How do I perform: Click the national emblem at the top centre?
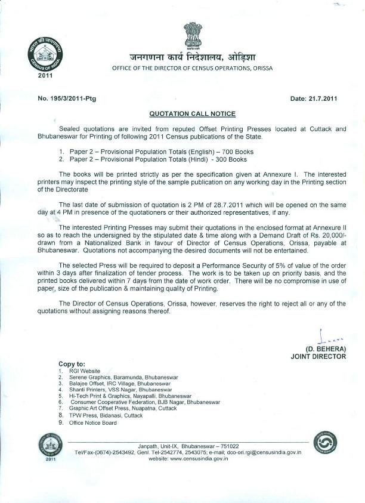[193, 35]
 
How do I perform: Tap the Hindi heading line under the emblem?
[193, 57]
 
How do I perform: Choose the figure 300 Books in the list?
[227, 159]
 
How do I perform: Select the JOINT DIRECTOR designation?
[318, 356]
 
